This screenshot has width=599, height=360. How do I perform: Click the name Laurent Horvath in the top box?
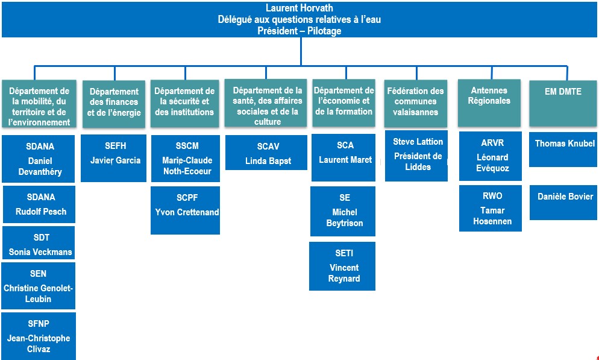299,8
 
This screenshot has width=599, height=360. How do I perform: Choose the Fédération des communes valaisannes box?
416,103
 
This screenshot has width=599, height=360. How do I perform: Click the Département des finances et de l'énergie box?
113,104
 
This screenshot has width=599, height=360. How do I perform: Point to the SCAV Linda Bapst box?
266,153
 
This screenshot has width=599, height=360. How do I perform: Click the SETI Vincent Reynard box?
342,266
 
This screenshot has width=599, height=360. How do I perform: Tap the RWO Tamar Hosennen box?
490,208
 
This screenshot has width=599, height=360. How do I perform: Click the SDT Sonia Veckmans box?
39,243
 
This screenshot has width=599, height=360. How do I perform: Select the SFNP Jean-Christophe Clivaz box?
39,336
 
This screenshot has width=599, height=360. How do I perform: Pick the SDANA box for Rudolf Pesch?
39,204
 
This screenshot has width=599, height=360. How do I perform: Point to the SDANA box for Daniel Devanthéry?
39,159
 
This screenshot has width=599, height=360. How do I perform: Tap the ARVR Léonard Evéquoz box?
490,157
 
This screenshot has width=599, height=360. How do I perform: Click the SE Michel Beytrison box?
343,210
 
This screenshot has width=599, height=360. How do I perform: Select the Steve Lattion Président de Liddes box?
416,156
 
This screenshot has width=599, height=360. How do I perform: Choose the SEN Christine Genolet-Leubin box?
38,286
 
